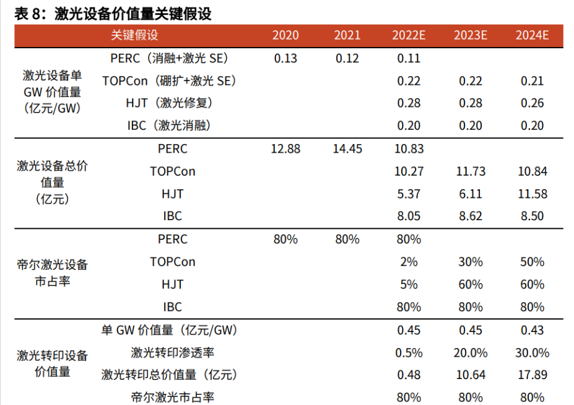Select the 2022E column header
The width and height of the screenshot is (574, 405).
[409, 35]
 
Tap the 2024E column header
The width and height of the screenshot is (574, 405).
[532, 35]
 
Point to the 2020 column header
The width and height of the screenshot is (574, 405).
[285, 35]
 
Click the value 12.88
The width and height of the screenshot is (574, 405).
[285, 149]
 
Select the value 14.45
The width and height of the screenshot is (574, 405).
[347, 149]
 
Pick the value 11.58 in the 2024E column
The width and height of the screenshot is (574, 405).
[532, 194]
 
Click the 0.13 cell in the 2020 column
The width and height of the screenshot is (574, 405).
[285, 59]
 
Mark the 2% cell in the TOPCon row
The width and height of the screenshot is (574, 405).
[409, 262]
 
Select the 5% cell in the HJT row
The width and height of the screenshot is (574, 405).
[409, 284]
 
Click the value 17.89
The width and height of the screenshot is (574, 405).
[532, 375]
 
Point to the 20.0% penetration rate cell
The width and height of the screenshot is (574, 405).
[471, 352]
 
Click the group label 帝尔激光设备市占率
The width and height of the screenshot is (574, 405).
[52, 273]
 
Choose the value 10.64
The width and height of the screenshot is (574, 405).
[471, 375]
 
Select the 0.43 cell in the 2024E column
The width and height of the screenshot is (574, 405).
[532, 330]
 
